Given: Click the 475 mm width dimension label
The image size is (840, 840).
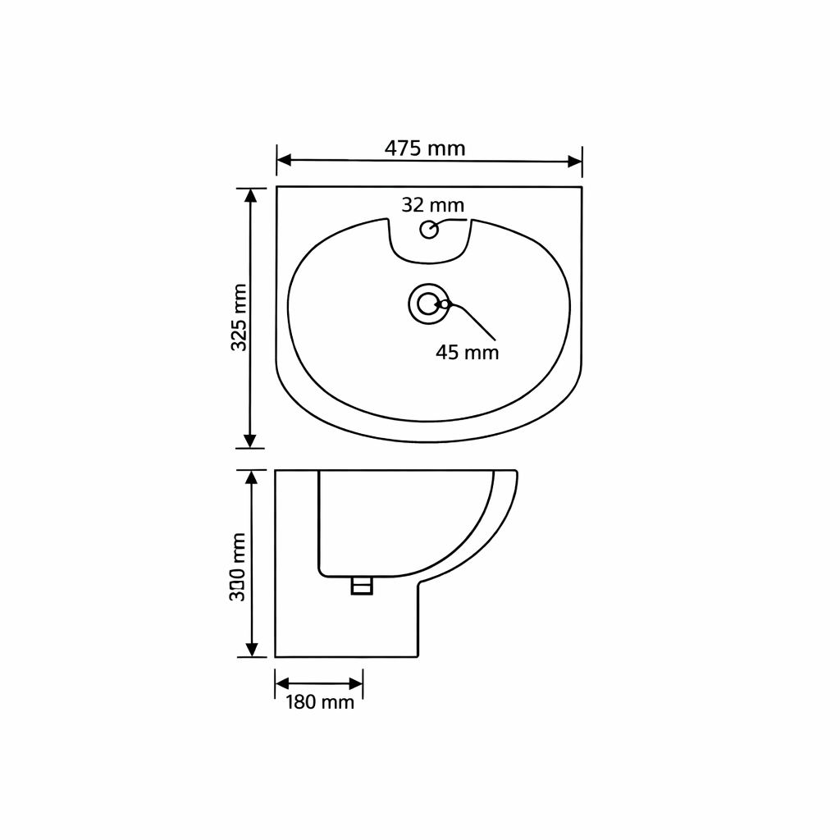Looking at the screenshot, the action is (425, 148).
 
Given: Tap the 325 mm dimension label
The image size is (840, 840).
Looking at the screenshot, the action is (239, 317).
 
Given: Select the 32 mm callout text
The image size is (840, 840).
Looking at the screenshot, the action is (433, 204).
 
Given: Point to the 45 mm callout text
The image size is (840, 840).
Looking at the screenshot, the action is (467, 353).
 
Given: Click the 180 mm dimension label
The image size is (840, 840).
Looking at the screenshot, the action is (320, 702).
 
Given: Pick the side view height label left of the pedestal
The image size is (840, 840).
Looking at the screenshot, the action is (238, 567).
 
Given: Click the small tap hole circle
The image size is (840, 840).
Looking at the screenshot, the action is (429, 230).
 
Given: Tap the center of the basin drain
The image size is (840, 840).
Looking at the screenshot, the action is (428, 304).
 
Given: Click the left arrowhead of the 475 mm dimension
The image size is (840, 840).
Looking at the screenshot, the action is (284, 160).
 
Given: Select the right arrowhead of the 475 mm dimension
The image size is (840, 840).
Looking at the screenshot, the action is (575, 162).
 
